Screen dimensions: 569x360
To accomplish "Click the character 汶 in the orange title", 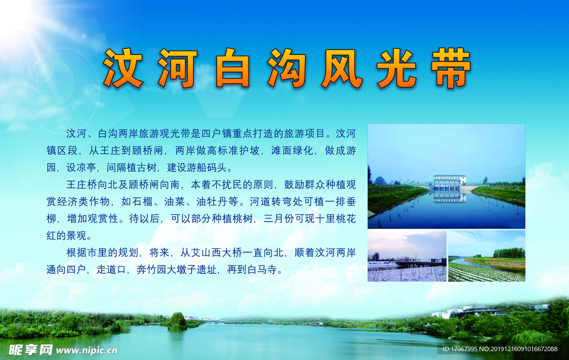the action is (x=123, y=68).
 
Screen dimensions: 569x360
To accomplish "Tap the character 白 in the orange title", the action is (x=232, y=68).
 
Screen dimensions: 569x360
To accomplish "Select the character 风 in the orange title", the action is (x=342, y=68).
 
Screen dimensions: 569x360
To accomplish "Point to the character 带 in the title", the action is (x=451, y=68).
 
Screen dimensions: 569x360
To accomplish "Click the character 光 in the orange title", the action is (x=396, y=68).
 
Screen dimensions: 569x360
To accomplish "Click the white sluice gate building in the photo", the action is (x=449, y=183).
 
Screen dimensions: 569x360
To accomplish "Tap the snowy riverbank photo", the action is (x=407, y=256).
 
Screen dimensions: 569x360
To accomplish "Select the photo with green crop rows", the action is (x=487, y=256).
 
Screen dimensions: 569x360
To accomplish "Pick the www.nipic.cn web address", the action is (x=87, y=351).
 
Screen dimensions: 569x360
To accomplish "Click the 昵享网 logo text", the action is (x=31, y=350).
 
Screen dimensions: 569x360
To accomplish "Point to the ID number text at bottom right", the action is (x=500, y=349).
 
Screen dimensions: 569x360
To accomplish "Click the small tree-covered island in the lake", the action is (x=177, y=322).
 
